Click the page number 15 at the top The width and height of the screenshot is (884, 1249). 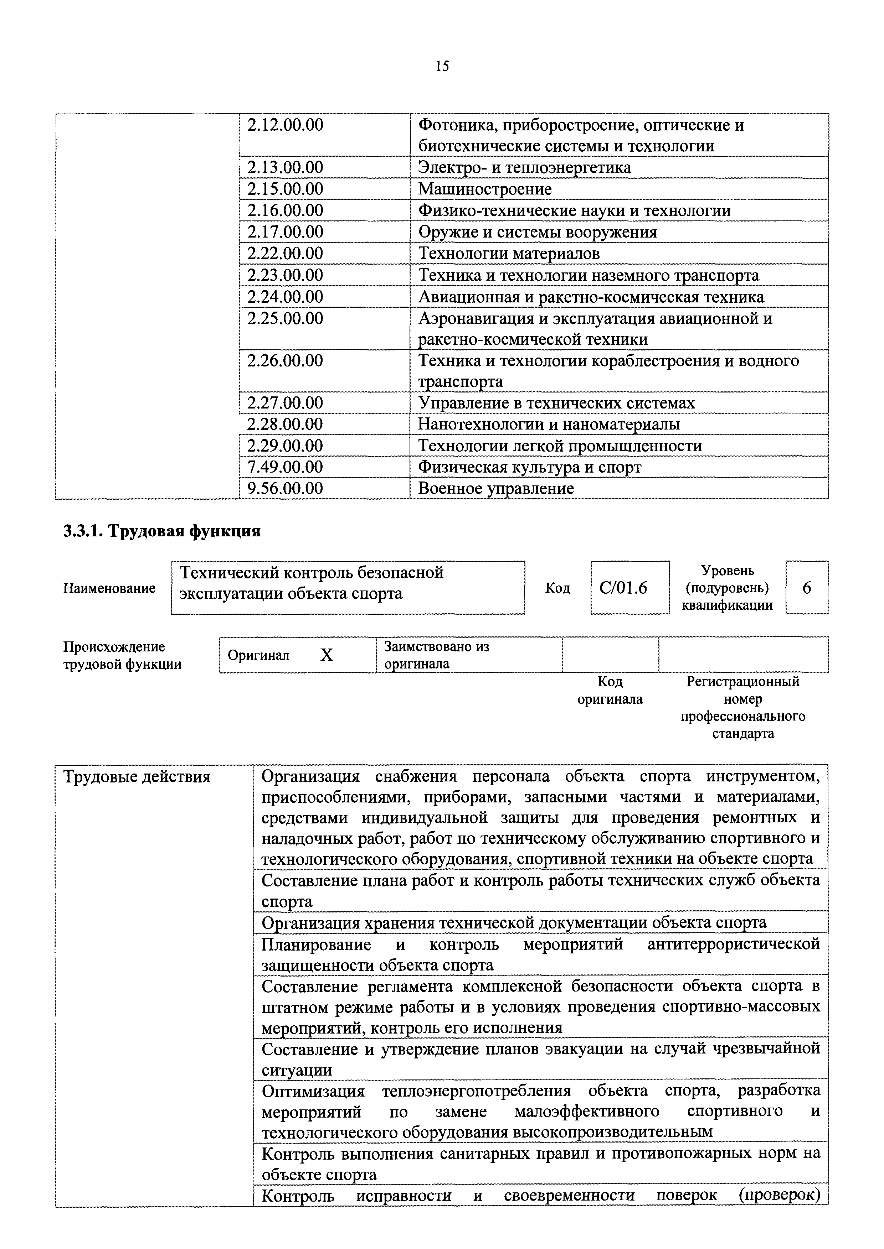442,66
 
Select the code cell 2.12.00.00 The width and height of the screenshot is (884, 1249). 285,126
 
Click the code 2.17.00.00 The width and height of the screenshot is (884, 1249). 285,232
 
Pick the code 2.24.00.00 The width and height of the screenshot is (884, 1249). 285,297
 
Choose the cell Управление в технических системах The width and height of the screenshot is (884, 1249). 556,403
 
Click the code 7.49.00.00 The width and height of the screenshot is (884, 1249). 285,467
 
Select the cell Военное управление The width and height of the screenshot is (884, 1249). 495,489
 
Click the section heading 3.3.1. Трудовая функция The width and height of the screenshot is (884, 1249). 162,531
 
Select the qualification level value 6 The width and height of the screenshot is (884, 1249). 807,588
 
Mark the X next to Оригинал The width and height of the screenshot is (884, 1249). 326,656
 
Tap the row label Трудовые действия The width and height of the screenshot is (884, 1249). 137,777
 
